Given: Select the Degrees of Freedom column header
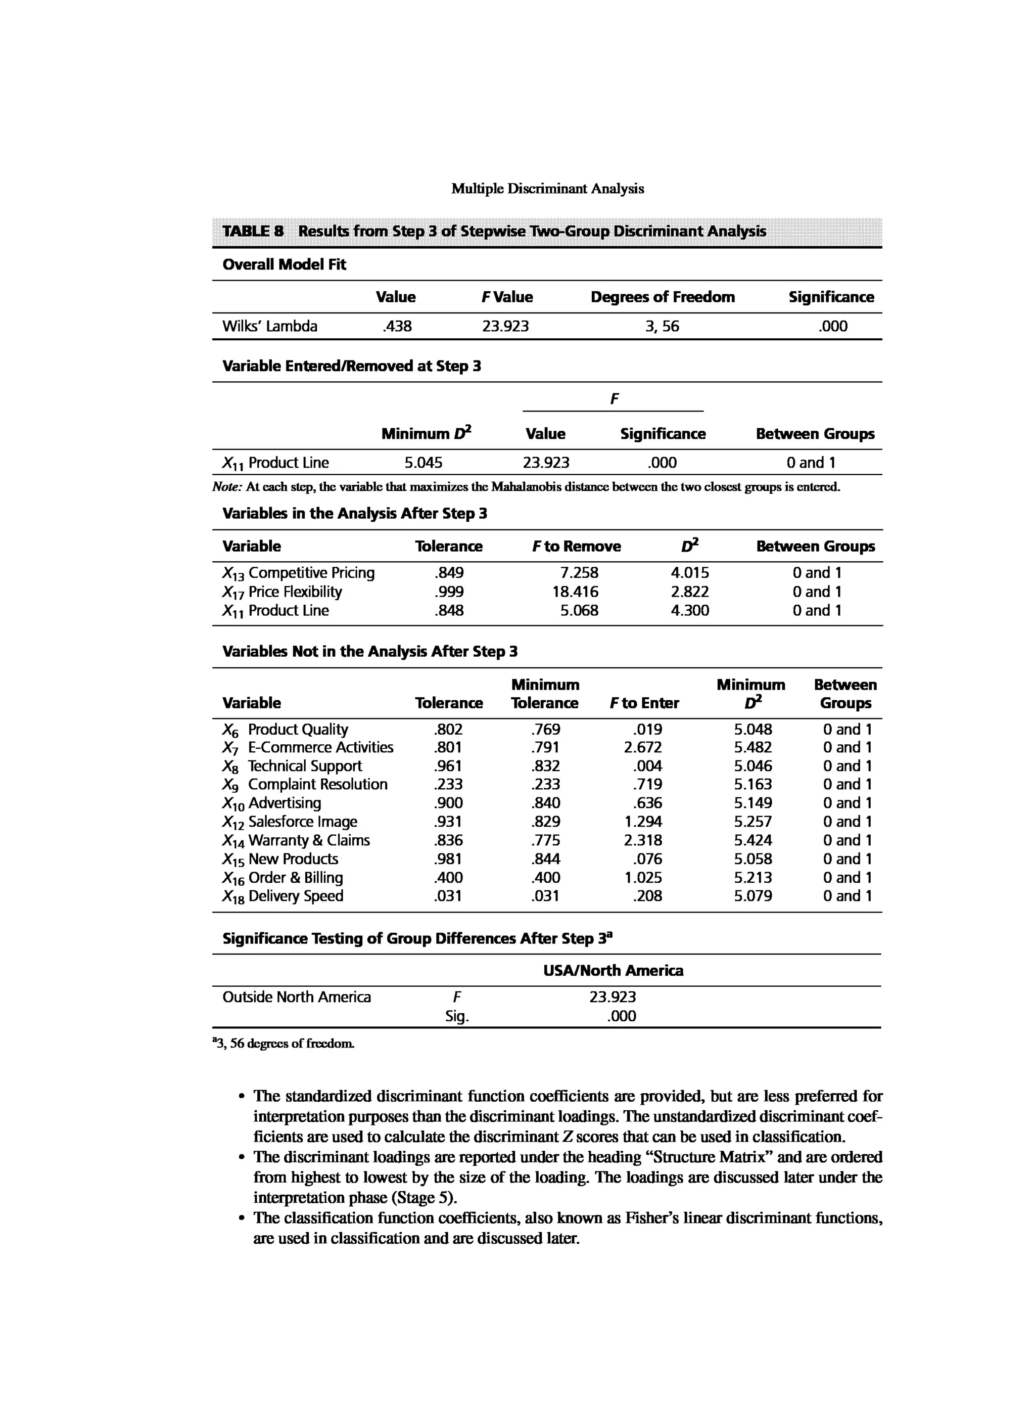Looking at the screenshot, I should (x=662, y=297).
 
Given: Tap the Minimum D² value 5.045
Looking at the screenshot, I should (x=423, y=463).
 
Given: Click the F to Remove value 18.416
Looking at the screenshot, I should (x=575, y=592).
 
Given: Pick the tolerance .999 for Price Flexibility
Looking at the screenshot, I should (x=449, y=592).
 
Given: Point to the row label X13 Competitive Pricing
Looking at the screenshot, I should (x=298, y=573).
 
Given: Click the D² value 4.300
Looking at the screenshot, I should (x=690, y=611).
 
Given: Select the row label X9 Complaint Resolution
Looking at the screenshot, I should (x=304, y=784).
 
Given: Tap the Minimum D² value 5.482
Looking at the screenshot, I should (x=752, y=747).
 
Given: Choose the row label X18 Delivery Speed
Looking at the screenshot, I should (x=283, y=896).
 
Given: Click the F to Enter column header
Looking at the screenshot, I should (x=644, y=703).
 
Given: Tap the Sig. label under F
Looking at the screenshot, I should (x=457, y=1016).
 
